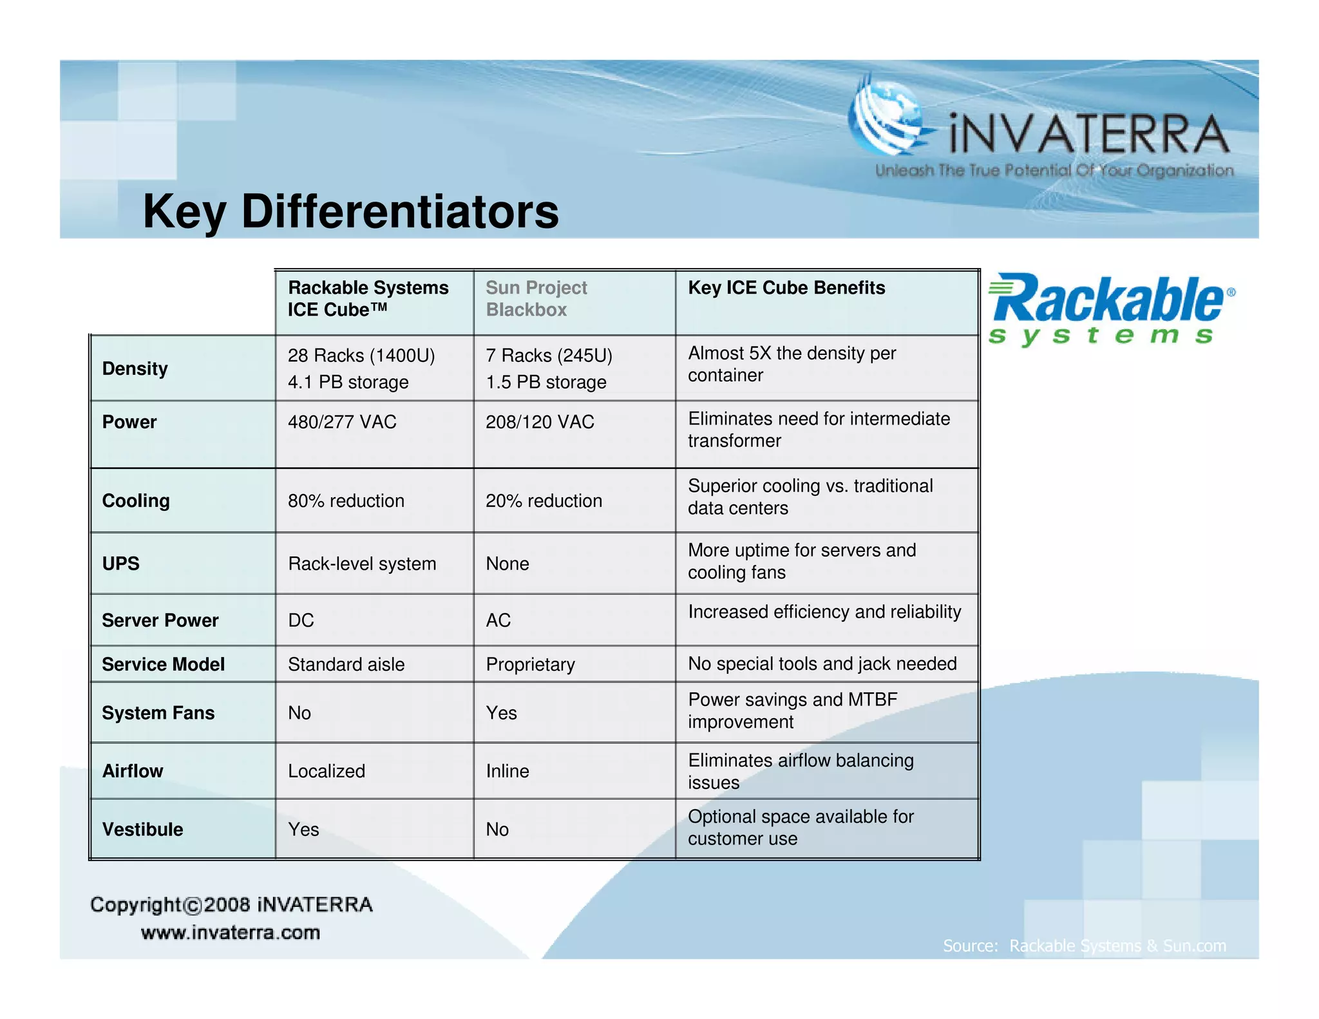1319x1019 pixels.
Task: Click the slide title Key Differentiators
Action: coord(350,211)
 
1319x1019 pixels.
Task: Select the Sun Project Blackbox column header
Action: coord(536,298)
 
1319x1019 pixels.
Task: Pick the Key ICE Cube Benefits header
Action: coord(786,287)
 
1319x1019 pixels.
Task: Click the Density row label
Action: coord(135,368)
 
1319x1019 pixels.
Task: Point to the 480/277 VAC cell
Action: coord(342,422)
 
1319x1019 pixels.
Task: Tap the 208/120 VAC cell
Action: coord(540,422)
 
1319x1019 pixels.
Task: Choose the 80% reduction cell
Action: coord(346,500)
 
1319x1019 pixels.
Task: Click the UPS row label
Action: coord(120,564)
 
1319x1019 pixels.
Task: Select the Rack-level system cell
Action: coord(362,564)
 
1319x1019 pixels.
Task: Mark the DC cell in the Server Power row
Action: coord(301,620)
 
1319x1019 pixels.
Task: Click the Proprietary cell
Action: coord(530,664)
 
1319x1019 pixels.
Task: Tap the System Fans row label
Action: coord(158,713)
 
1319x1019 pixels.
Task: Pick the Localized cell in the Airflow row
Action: coord(326,771)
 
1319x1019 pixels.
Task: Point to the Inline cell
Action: coord(508,771)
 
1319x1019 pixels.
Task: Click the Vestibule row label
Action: coord(142,829)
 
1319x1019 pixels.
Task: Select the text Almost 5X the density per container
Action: coord(792,364)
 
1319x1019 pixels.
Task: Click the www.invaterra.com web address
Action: coord(230,932)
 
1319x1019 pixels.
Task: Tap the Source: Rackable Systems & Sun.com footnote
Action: coord(1084,946)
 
